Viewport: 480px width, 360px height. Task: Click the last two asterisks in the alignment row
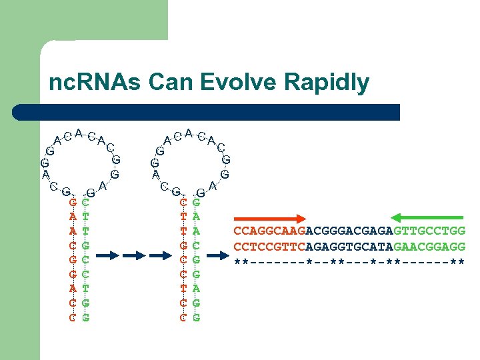(x=457, y=260)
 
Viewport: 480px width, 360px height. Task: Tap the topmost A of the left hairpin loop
(x=79, y=133)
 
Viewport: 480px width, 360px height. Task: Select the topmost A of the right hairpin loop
(x=189, y=133)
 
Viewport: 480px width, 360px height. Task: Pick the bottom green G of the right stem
(x=196, y=317)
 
